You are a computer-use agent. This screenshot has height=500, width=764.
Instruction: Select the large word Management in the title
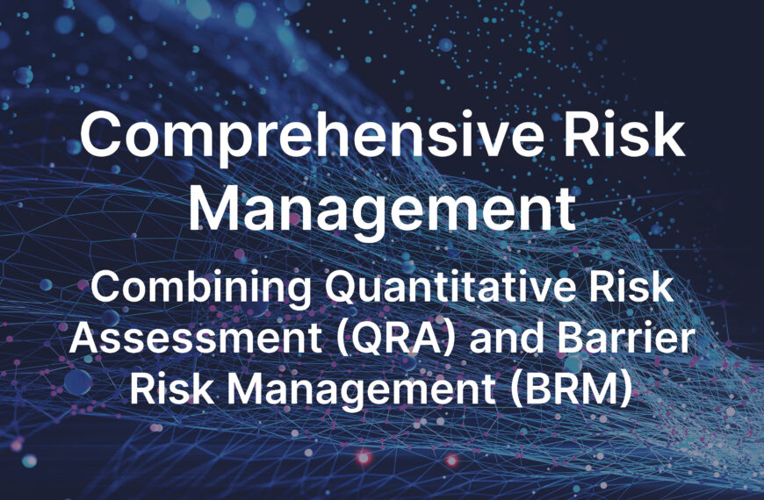pyautogui.click(x=382, y=209)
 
